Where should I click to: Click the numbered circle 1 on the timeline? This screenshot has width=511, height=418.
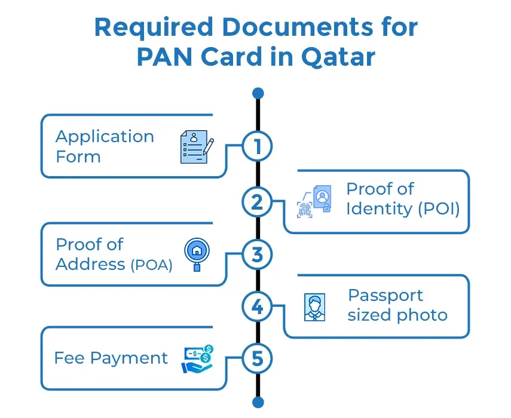tap(257, 146)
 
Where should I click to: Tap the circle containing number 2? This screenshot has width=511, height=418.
tap(257, 202)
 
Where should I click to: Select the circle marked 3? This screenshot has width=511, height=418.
tap(257, 255)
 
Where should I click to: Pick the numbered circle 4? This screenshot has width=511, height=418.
tap(257, 307)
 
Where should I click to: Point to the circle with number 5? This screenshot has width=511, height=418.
tap(257, 359)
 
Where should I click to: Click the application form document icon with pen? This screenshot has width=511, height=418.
tap(196, 147)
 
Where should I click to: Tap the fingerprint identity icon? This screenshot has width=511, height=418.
tap(314, 201)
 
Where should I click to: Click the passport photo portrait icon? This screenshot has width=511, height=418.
tap(314, 307)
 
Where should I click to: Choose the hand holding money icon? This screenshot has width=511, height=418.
tap(197, 359)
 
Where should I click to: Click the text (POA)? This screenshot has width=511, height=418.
tap(151, 265)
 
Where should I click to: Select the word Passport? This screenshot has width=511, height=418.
tap(385, 295)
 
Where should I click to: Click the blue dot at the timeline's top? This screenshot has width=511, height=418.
tap(258, 93)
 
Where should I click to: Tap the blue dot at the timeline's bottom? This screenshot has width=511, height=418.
tap(258, 402)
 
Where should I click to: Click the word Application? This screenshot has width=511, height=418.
tap(105, 137)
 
